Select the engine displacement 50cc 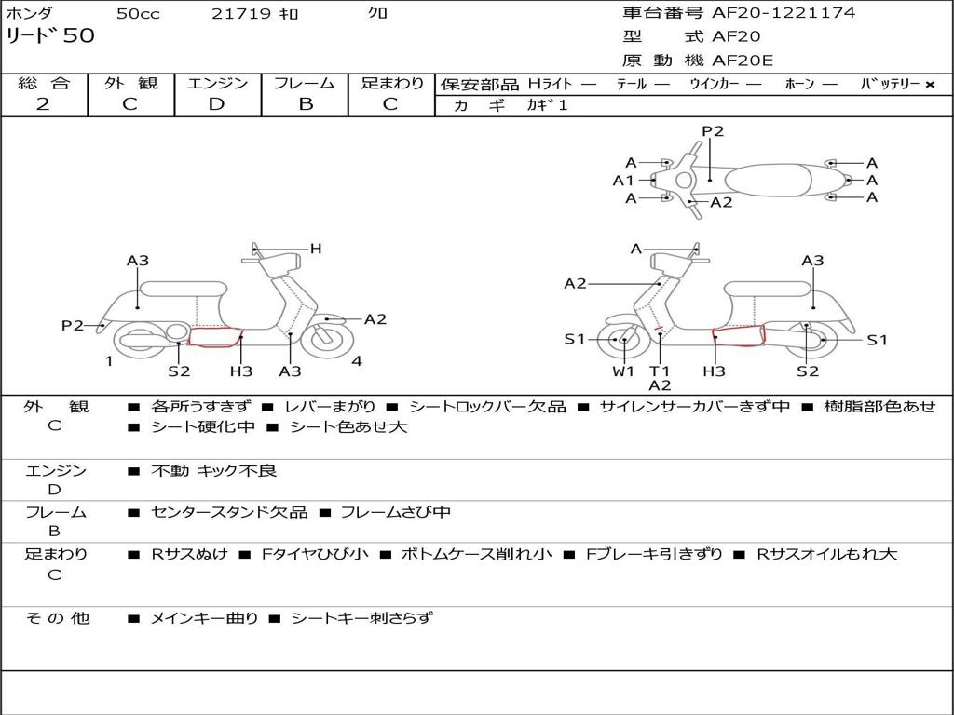[138, 14]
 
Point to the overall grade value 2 [43, 104]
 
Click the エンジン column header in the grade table [217, 83]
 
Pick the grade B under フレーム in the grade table [306, 104]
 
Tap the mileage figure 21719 [241, 14]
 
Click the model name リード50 [50, 36]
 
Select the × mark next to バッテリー [929, 84]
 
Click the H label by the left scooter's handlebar [316, 249]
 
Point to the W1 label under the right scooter [623, 371]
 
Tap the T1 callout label [660, 371]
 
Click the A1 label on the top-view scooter [622, 181]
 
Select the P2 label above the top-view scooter [713, 131]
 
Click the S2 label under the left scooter [179, 371]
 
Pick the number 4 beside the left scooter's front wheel [357, 361]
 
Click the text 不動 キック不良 [213, 471]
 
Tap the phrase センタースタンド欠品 [229, 512]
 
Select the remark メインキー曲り [204, 618]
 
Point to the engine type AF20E [743, 61]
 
